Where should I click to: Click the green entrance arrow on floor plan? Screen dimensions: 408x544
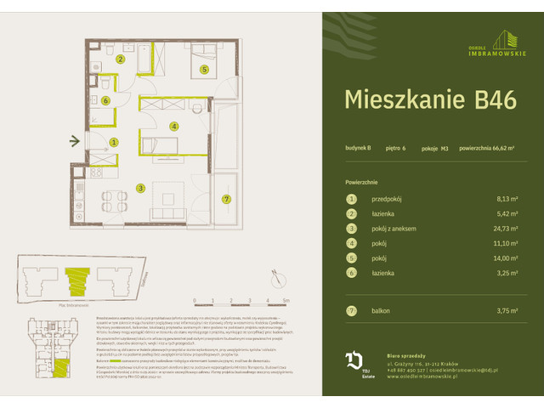tap(76, 141)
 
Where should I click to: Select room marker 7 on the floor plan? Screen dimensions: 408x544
tap(225, 199)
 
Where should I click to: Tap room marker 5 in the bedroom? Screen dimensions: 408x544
tap(204, 70)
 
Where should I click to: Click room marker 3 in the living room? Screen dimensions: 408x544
tap(141, 188)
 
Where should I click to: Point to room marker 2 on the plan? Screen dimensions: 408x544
tap(121, 59)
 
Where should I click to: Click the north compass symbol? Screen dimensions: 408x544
tap(274, 275)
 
